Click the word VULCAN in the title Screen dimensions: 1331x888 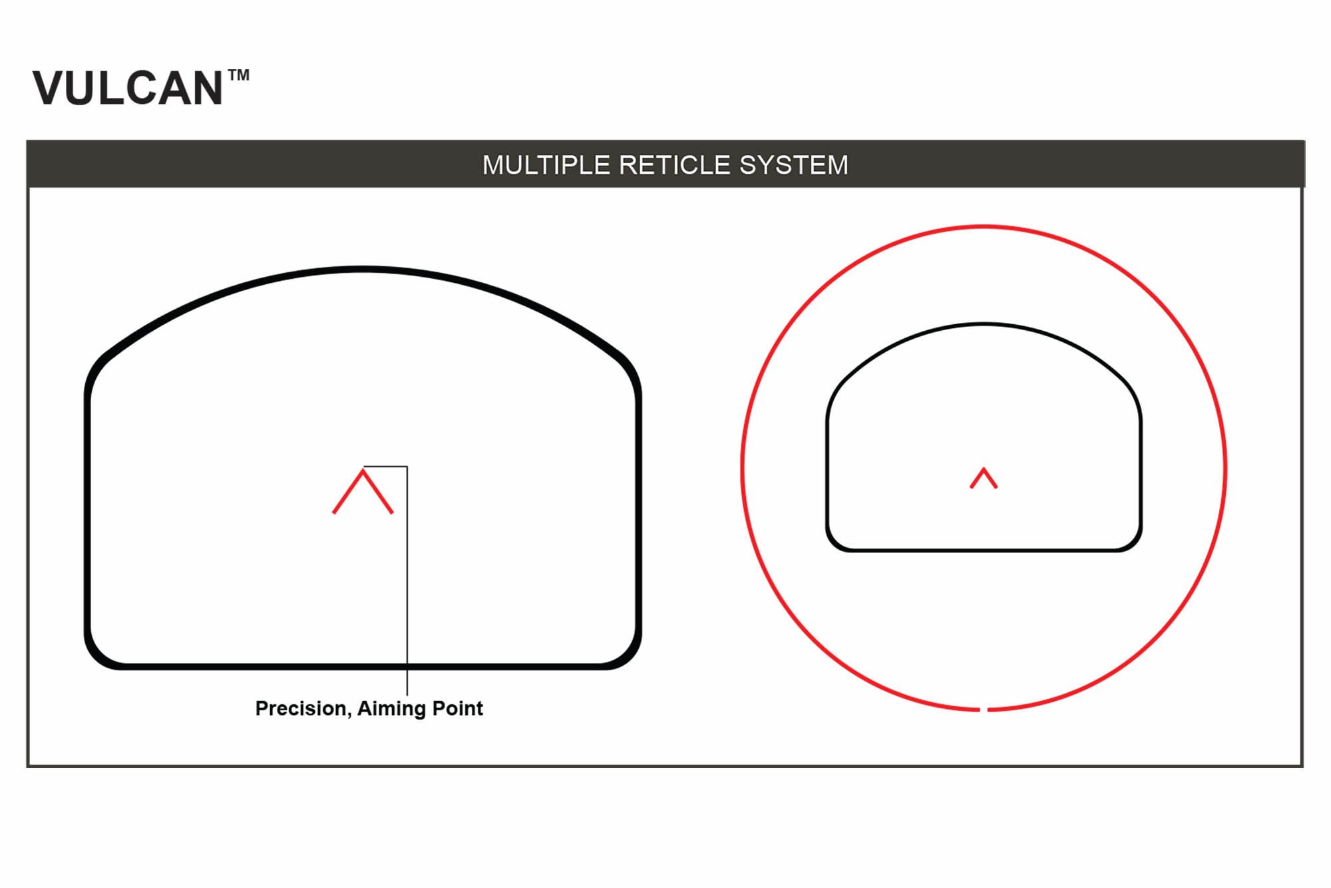[127, 89]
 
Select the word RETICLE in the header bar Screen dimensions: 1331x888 [675, 165]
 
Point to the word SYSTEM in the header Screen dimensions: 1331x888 [794, 165]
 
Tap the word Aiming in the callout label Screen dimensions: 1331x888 [391, 709]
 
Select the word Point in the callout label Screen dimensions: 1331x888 [457, 708]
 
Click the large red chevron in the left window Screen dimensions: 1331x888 [363, 491]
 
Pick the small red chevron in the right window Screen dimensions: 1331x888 [984, 478]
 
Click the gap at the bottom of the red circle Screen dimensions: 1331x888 [984, 710]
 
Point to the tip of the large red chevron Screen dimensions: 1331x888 [363, 470]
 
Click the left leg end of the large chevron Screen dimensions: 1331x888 [333, 513]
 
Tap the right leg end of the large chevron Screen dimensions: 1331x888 [392, 513]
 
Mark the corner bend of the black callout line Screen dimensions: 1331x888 [407, 467]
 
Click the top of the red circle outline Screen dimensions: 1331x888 [984, 227]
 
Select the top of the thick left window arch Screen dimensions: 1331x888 [363, 269]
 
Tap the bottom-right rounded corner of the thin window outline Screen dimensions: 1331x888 [1133, 543]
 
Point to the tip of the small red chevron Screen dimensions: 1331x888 [984, 469]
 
